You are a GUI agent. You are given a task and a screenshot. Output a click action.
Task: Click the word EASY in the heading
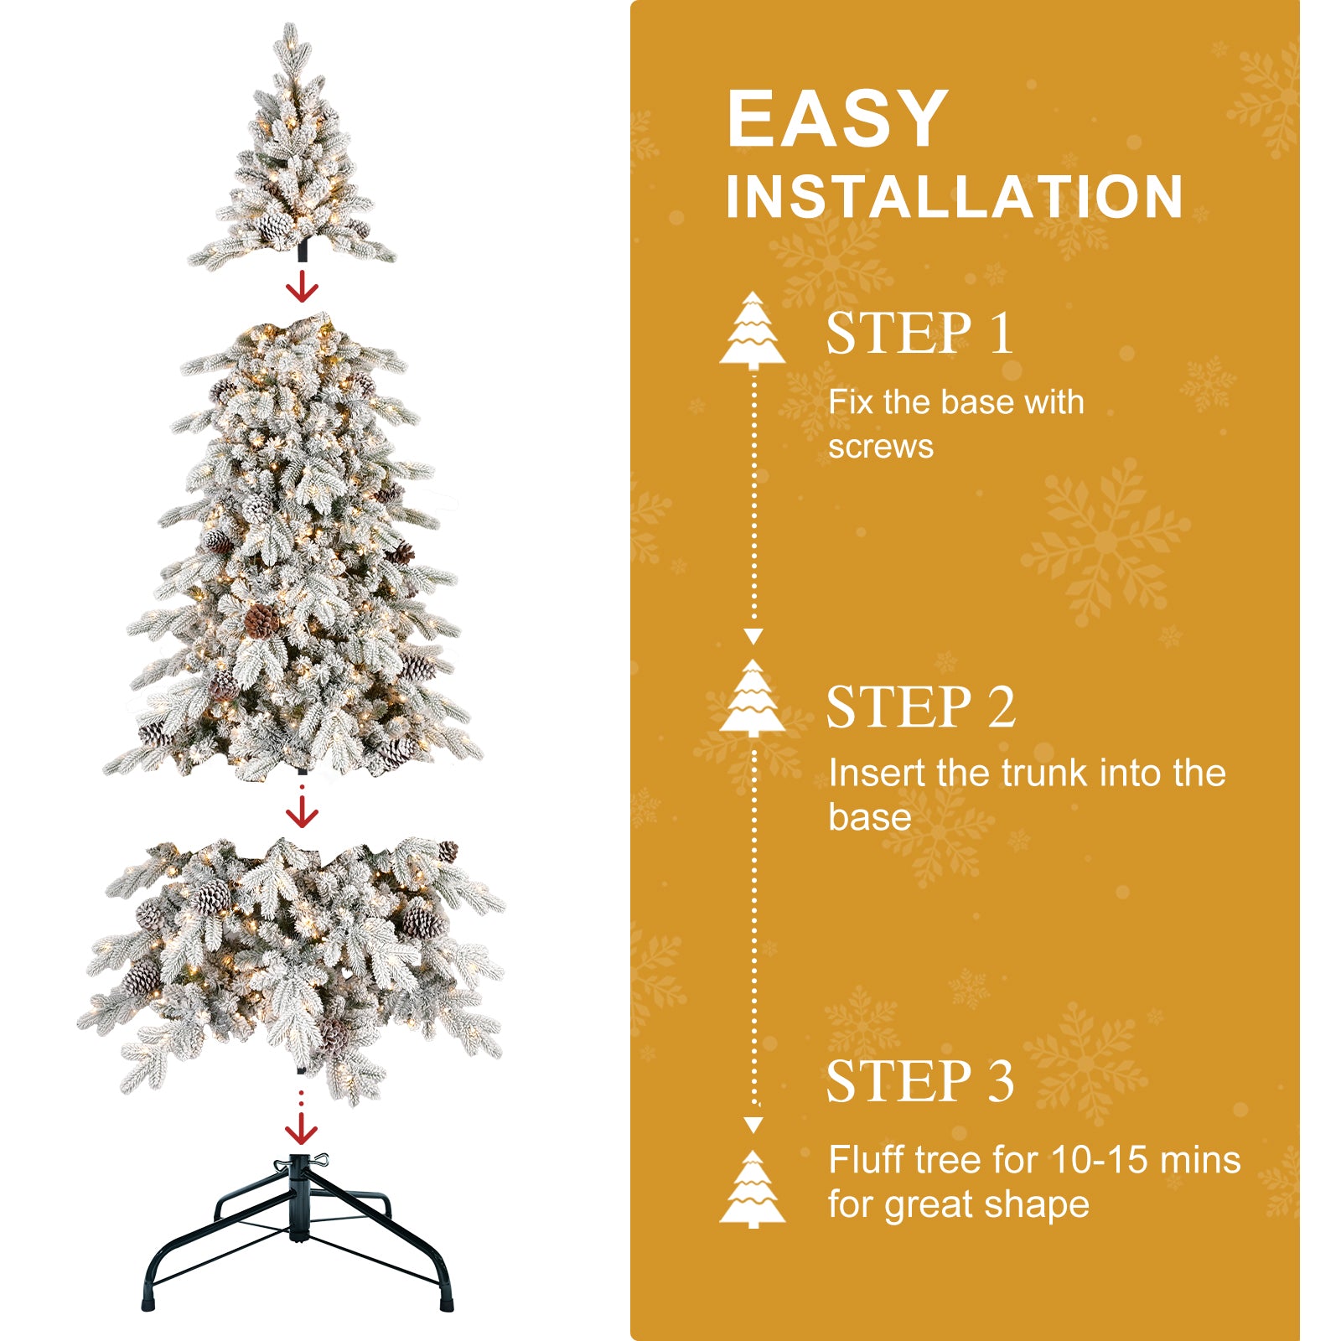click(x=837, y=119)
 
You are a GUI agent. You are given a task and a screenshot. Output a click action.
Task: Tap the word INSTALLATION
click(x=954, y=198)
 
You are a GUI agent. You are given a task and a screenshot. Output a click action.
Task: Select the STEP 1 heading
click(x=919, y=334)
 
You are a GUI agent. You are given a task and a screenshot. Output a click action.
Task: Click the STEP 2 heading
click(x=920, y=707)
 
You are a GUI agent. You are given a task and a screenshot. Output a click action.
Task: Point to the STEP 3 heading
click(x=919, y=1081)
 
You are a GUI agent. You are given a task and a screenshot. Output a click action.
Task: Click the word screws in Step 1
click(x=880, y=447)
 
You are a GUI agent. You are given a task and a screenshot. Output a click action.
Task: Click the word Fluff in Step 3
click(x=867, y=1160)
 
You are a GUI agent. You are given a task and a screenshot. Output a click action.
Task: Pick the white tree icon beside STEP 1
click(x=753, y=330)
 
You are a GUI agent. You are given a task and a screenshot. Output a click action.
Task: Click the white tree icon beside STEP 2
click(x=753, y=697)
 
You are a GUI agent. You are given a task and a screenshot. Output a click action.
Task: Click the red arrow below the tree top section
click(x=302, y=287)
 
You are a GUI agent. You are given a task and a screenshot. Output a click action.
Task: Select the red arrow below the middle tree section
click(x=302, y=811)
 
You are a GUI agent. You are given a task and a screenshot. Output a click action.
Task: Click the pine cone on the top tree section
click(x=274, y=225)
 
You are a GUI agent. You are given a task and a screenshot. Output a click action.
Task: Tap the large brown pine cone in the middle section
click(x=262, y=621)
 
